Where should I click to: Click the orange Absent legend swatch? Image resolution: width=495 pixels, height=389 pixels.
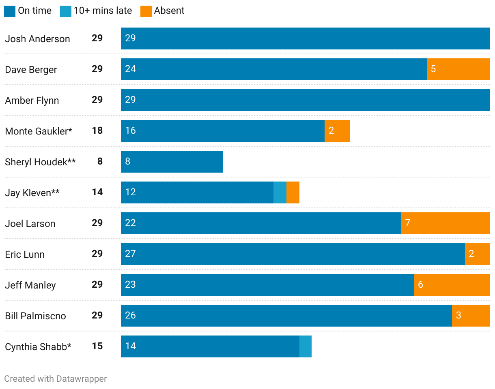tap(146, 11)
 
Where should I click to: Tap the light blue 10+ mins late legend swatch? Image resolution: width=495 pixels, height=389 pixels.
tap(66, 11)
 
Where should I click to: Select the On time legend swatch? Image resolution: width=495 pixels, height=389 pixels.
tap(10, 11)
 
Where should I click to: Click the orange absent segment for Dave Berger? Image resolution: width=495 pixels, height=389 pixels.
tap(458, 69)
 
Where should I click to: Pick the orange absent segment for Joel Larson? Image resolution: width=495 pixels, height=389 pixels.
tap(445, 223)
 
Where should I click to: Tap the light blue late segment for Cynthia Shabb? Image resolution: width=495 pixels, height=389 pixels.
tap(306, 346)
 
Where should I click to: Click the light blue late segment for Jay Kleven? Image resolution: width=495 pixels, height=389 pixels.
tap(280, 192)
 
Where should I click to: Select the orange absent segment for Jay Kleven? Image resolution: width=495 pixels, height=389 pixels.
tap(293, 192)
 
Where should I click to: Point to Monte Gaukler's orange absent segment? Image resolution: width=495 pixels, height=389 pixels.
tap(337, 131)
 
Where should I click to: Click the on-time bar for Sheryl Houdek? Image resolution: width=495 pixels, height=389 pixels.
tap(172, 162)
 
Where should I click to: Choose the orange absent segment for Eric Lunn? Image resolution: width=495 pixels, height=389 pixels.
tap(478, 254)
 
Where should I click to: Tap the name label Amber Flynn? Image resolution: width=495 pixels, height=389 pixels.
tap(32, 100)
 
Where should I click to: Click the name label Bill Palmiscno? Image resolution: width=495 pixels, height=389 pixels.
tap(35, 316)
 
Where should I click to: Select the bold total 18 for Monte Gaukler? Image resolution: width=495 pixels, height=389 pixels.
tap(97, 130)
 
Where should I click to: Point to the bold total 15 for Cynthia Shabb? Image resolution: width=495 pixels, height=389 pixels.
tap(97, 346)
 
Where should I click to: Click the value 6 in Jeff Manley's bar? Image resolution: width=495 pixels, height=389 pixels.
tap(420, 284)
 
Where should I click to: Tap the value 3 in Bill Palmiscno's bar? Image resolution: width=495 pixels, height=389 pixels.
tap(458, 315)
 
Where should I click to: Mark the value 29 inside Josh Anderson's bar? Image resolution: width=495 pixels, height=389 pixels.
tap(130, 38)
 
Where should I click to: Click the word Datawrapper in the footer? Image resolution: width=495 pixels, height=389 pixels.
tap(82, 379)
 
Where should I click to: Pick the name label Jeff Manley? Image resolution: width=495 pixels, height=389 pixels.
tap(30, 285)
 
